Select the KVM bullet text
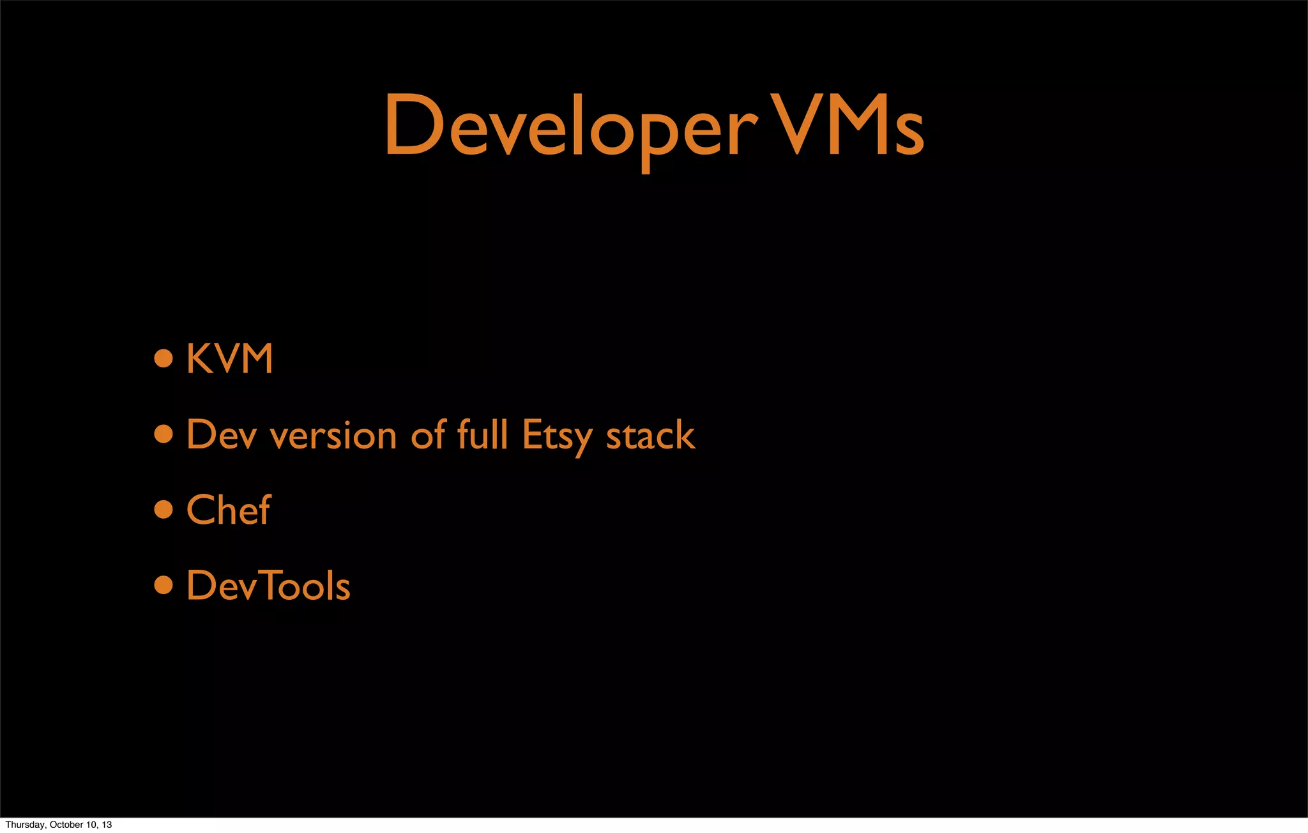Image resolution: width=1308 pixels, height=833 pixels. tap(230, 358)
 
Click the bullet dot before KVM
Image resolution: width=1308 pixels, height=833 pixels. tap(163, 358)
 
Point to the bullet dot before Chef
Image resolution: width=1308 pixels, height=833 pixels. tap(163, 510)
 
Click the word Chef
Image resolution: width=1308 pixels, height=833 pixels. tap(229, 510)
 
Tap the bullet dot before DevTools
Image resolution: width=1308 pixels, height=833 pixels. tap(163, 585)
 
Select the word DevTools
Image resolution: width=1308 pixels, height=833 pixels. tap(268, 585)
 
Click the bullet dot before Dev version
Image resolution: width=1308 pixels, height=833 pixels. tap(163, 434)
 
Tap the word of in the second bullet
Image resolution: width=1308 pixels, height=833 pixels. tap(428, 435)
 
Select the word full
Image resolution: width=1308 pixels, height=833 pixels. tap(483, 435)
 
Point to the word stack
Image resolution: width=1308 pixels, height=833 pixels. tap(650, 435)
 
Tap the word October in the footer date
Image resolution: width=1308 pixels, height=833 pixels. tap(66, 825)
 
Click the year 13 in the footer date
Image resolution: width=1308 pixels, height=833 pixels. tap(107, 825)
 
